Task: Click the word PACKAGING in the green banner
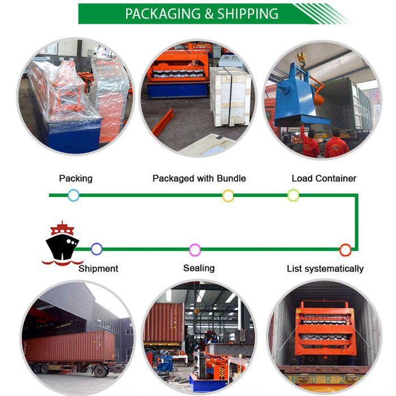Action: [163, 14]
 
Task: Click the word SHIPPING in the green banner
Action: [248, 14]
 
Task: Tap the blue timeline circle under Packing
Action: [74, 195]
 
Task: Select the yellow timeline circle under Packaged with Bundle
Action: [228, 196]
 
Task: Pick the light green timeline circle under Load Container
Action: [293, 195]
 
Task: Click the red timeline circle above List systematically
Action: [345, 250]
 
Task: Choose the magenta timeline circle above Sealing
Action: [195, 250]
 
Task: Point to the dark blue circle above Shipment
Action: [97, 249]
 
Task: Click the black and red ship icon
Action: [62, 244]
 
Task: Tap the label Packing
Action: [76, 178]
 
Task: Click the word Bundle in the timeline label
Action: [231, 178]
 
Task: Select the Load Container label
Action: [324, 178]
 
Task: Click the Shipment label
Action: [98, 269]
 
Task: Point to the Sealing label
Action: [199, 268]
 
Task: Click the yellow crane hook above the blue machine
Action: [302, 58]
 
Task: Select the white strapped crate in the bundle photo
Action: [230, 97]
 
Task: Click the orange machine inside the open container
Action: [325, 328]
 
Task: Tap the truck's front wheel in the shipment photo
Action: [100, 371]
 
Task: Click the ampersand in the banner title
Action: [209, 14]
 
